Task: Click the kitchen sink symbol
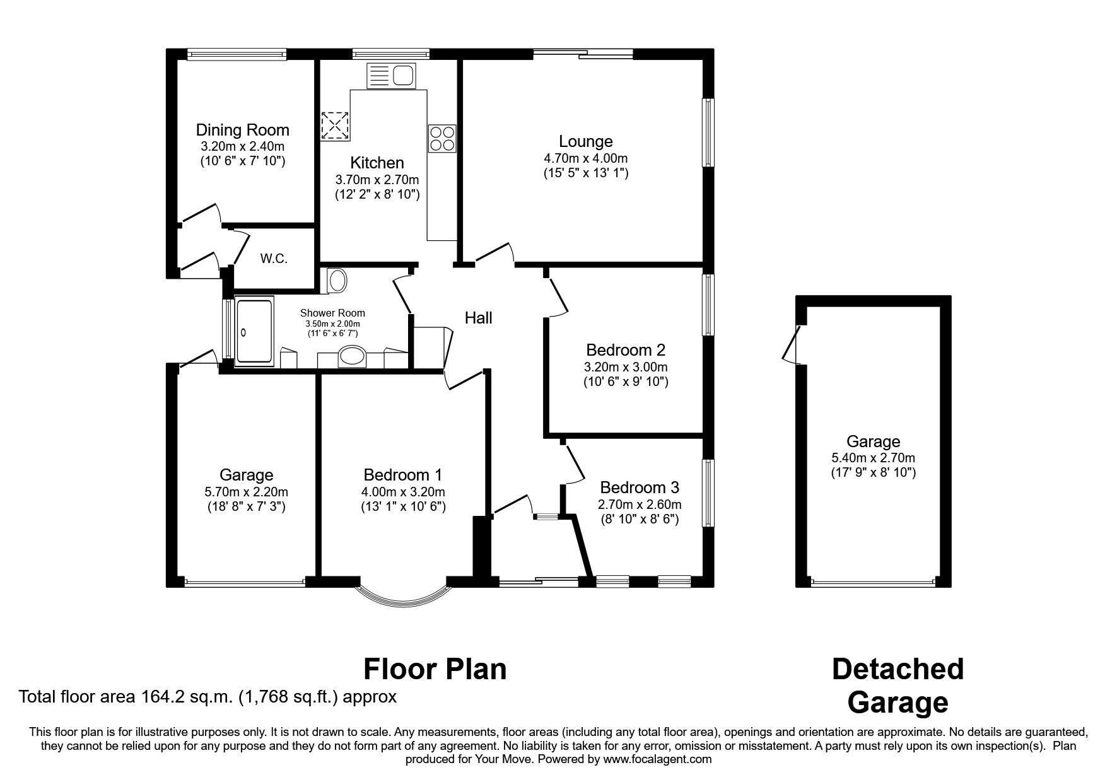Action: click(x=392, y=76)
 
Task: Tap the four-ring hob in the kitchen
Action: click(x=442, y=139)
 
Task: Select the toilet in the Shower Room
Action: click(x=336, y=281)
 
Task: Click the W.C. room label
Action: click(x=274, y=259)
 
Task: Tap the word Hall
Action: click(x=478, y=318)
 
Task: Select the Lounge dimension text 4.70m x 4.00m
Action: click(x=585, y=158)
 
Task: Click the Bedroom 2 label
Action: click(x=625, y=350)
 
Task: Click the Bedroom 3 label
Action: click(x=639, y=487)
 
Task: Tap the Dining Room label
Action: click(x=242, y=130)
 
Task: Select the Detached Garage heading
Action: click(x=897, y=686)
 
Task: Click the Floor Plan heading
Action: click(x=435, y=668)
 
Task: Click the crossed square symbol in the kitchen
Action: click(x=335, y=125)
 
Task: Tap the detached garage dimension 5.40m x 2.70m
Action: click(x=872, y=458)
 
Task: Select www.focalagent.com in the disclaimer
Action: click(x=657, y=759)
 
